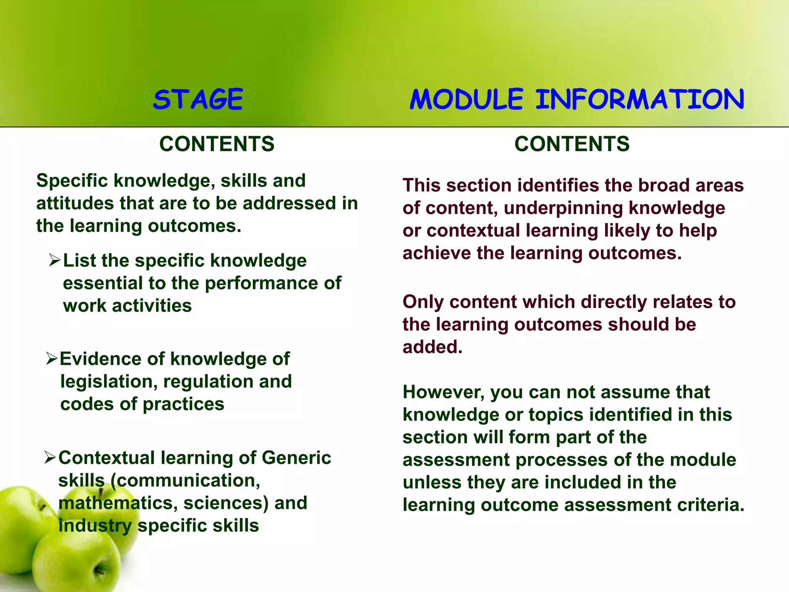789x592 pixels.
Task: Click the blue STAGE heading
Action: (198, 99)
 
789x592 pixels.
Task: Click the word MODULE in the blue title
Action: (466, 99)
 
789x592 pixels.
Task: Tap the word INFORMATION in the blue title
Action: (640, 99)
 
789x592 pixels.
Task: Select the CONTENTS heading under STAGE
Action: (217, 144)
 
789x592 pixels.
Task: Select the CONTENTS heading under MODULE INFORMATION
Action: (572, 144)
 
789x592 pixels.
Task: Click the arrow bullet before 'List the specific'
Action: (54, 261)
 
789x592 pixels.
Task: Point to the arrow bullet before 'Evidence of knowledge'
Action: (52, 358)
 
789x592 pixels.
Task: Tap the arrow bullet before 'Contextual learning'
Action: (50, 457)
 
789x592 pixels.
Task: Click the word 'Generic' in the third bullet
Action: (296, 458)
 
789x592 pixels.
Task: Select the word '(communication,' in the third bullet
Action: (185, 481)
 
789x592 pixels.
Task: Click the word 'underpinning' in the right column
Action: (563, 208)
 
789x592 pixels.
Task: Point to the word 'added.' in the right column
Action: (432, 347)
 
